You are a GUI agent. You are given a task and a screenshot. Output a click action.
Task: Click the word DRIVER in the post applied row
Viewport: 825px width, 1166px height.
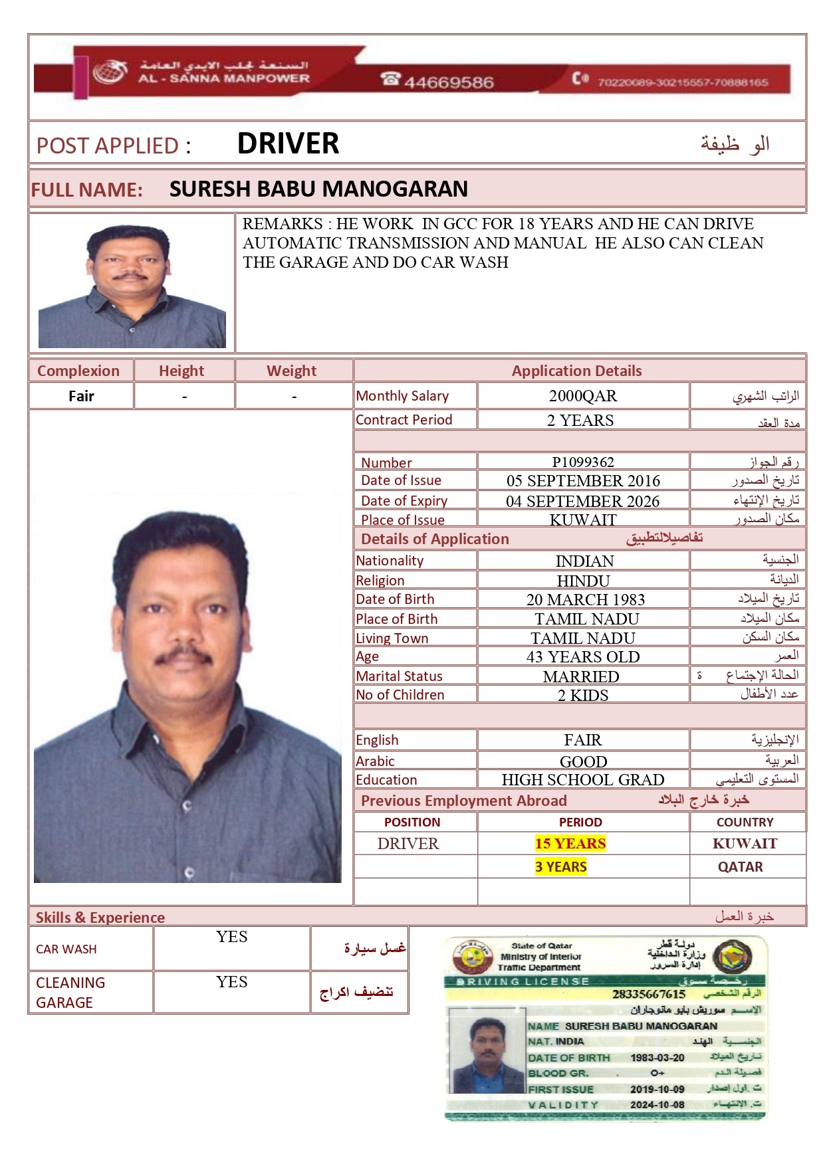tap(288, 144)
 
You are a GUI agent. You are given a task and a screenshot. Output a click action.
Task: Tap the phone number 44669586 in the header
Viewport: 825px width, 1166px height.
tap(449, 82)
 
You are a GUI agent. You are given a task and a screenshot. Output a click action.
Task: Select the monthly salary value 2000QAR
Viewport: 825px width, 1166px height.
tap(583, 396)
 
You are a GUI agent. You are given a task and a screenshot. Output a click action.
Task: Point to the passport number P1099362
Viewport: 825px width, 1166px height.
tap(583, 462)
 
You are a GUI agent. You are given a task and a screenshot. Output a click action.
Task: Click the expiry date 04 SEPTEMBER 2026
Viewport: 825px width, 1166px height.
tap(583, 501)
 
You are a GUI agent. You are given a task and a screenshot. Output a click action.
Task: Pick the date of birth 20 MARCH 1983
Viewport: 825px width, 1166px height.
tap(586, 599)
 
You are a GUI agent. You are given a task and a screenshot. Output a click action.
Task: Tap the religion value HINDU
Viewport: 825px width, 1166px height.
tap(583, 581)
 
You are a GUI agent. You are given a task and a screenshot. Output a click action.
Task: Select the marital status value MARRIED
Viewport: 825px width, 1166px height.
tap(581, 676)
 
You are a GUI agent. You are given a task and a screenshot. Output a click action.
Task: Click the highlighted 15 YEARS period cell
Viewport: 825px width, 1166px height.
tap(570, 844)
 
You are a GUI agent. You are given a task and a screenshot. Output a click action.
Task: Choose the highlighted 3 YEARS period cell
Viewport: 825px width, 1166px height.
tap(561, 866)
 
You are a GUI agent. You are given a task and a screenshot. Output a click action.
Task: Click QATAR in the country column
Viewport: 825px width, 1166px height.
tap(740, 866)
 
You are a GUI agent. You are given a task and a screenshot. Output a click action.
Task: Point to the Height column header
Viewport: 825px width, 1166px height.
tap(181, 371)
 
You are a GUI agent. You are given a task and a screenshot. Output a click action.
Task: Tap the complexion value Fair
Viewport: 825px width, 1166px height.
tap(81, 396)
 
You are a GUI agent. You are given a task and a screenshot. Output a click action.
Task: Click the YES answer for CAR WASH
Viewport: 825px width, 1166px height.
tap(231, 937)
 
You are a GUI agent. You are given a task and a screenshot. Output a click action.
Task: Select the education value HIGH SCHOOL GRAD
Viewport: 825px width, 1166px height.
tap(583, 779)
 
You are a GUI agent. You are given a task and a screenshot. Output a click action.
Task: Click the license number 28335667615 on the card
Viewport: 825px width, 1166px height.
tap(649, 994)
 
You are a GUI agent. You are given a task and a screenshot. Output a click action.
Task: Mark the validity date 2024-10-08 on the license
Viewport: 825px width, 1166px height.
tap(657, 1104)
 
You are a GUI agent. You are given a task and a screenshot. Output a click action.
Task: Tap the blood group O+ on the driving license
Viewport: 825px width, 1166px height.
tap(657, 1072)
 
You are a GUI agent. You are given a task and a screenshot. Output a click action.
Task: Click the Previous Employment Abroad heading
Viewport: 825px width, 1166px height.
tap(463, 801)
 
